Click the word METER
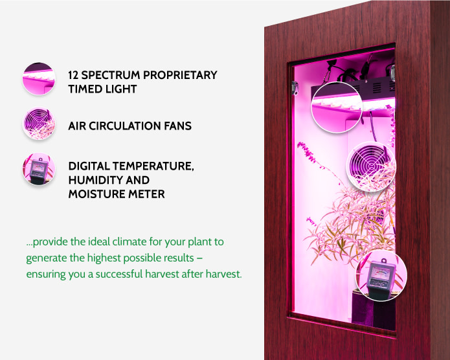coord(147,194)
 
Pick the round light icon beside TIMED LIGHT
coord(39,80)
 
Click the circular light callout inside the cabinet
coord(336,107)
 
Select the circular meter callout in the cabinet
coord(381,276)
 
